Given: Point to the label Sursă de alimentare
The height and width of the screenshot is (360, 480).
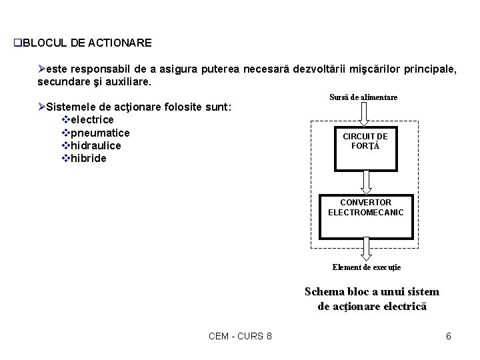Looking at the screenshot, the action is [x=363, y=97].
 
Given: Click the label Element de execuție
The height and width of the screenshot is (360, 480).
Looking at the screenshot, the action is [x=367, y=267].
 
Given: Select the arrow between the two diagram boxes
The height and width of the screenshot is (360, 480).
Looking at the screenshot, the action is [x=365, y=181].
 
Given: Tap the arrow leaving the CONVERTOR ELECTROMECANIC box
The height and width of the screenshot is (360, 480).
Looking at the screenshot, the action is [x=366, y=248].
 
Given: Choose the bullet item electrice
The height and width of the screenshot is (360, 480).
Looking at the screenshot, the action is [x=91, y=120].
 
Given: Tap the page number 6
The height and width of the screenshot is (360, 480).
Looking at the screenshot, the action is [x=449, y=336].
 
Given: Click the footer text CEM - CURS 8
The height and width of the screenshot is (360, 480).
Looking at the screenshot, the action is [x=240, y=336].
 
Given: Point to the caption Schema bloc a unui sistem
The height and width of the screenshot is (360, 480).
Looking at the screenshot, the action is [x=371, y=292].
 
